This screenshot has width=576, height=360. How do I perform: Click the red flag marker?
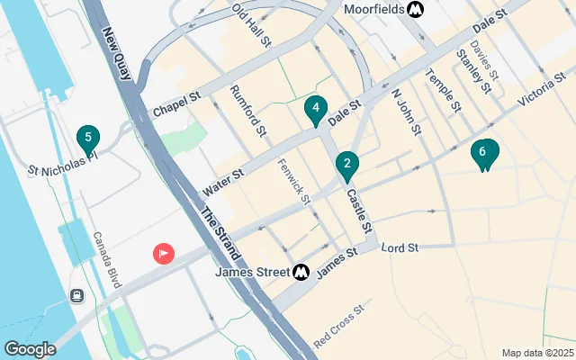pos(163,254)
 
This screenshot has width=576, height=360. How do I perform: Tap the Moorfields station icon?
pos(415,10)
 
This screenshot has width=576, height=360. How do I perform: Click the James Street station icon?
pos(301,270)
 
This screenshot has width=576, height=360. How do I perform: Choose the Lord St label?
pos(400,247)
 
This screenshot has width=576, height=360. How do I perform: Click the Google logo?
pos(30,349)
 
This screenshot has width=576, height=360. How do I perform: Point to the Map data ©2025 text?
pos(536,353)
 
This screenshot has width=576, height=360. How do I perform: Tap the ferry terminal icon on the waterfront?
pos(78,295)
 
